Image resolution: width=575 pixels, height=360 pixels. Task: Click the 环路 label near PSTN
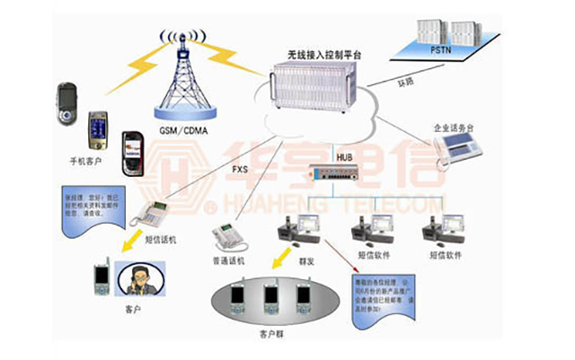click(406, 83)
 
